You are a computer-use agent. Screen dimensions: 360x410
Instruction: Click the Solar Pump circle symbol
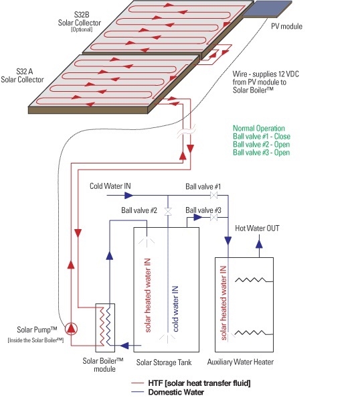(x=71, y=329)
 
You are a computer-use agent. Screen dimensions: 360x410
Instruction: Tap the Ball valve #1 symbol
(x=213, y=196)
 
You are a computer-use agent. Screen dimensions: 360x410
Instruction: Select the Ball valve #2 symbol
(x=168, y=212)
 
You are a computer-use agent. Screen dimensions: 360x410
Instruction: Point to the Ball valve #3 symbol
(x=213, y=217)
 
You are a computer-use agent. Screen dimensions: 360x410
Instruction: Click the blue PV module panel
(x=267, y=9)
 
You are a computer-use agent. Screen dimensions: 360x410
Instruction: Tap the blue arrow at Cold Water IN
(x=128, y=196)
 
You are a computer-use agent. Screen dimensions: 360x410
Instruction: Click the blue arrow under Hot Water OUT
(x=259, y=244)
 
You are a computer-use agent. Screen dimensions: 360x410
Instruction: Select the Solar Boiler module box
(x=105, y=328)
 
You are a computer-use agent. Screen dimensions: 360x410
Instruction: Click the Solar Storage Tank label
(x=164, y=362)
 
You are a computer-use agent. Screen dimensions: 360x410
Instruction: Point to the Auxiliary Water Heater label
(x=240, y=362)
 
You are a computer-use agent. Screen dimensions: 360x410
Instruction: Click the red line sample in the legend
(x=138, y=383)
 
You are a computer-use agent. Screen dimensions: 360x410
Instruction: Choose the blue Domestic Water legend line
(x=138, y=392)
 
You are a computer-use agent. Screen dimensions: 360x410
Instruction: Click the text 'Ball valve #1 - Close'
(x=262, y=136)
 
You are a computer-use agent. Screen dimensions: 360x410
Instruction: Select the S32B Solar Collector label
(x=80, y=21)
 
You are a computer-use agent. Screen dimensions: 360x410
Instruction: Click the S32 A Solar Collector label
(x=22, y=75)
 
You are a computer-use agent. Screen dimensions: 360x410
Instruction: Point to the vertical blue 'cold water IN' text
(x=175, y=309)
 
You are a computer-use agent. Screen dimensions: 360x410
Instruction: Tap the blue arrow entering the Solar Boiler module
(x=124, y=346)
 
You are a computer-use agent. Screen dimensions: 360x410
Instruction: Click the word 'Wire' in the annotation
(x=240, y=74)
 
